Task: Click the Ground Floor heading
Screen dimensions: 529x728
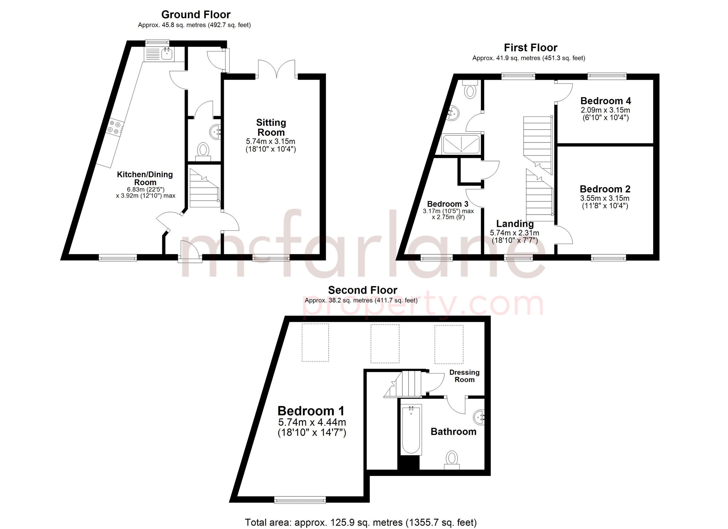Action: pyautogui.click(x=196, y=15)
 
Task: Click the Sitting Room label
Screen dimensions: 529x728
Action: pyautogui.click(x=271, y=127)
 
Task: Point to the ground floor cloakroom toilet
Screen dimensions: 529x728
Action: pyautogui.click(x=203, y=151)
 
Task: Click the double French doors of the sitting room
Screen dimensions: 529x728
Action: pyautogui.click(x=277, y=69)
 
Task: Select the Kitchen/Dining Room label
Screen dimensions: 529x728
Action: pyautogui.click(x=145, y=178)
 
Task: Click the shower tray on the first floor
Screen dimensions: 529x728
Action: pyautogui.click(x=461, y=143)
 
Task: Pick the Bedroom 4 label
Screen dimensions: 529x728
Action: pyautogui.click(x=606, y=101)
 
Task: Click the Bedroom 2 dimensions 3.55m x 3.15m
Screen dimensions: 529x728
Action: pyautogui.click(x=605, y=198)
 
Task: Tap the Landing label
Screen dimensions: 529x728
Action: pyautogui.click(x=515, y=224)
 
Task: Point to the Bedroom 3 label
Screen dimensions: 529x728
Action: pyautogui.click(x=447, y=204)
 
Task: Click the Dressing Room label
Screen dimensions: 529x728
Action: pyautogui.click(x=464, y=376)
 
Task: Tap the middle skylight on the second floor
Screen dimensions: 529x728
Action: pyautogui.click(x=385, y=343)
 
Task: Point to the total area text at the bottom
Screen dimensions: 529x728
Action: pyautogui.click(x=361, y=522)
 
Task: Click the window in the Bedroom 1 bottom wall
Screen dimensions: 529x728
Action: pyautogui.click(x=300, y=500)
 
